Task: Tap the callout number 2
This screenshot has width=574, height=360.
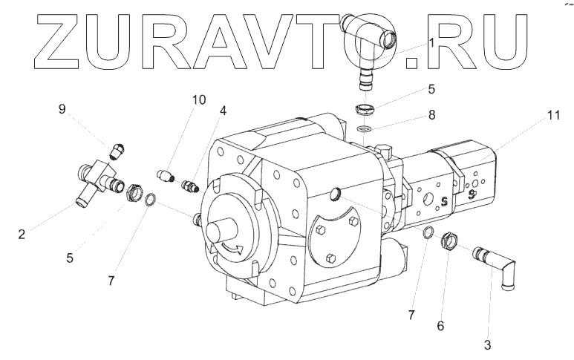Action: tap(22, 235)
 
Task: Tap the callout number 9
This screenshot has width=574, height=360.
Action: tap(62, 109)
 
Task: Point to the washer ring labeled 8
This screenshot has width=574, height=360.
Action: tap(364, 130)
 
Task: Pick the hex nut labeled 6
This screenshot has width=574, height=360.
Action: tap(449, 242)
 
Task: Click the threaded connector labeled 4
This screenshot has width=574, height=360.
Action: tap(189, 186)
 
